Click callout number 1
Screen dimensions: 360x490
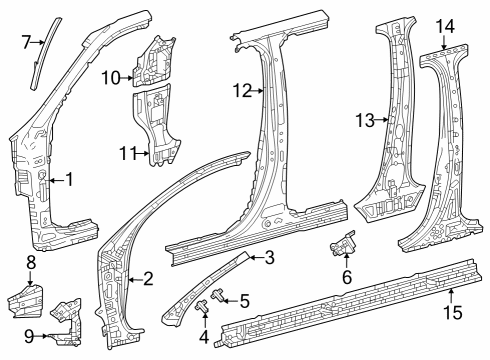[68, 180]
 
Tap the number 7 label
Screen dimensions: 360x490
[27, 41]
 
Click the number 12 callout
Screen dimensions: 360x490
[240, 91]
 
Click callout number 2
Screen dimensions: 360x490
[148, 279]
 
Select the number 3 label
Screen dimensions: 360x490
[269, 258]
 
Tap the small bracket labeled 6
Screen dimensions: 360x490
[346, 244]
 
